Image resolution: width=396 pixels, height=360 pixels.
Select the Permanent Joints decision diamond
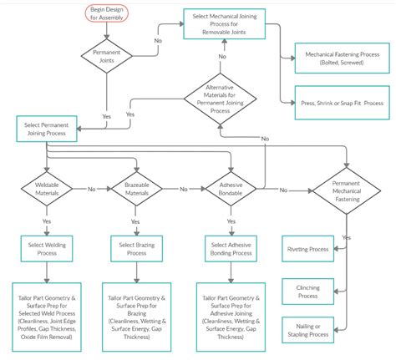(x=104, y=56)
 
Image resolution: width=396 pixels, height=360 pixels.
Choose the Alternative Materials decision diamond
(x=221, y=99)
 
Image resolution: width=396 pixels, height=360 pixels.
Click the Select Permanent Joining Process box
(x=48, y=129)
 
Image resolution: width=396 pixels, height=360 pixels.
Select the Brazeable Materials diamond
(x=135, y=190)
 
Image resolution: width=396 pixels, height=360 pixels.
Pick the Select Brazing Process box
(x=135, y=248)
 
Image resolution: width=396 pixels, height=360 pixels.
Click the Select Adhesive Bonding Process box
(x=230, y=248)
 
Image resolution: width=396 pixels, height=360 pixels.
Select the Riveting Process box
(x=307, y=249)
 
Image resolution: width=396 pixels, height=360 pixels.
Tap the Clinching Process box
(x=307, y=291)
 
